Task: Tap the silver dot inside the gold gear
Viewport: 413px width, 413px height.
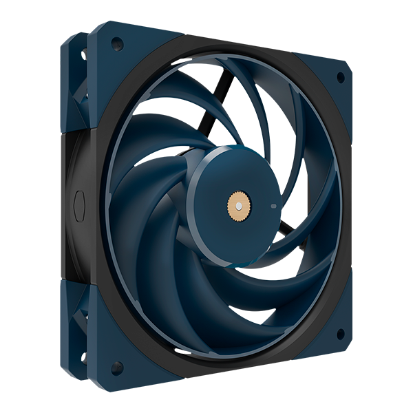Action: (x=237, y=204)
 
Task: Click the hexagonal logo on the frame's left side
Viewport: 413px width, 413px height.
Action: (x=76, y=204)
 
